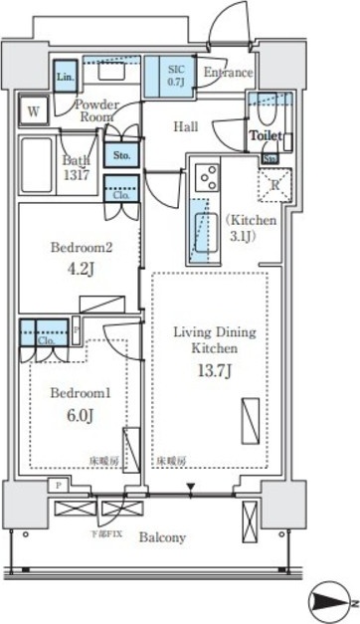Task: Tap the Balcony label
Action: [x=160, y=537]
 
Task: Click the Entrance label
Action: [x=228, y=73]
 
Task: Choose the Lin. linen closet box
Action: [x=65, y=77]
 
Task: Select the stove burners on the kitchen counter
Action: [x=210, y=176]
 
